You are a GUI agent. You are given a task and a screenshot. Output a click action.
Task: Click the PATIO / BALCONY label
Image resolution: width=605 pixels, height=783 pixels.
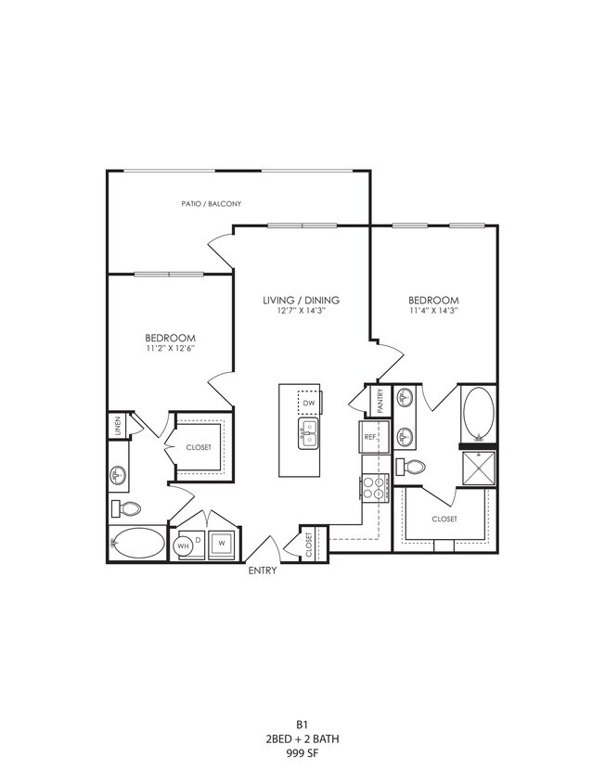pyautogui.click(x=212, y=203)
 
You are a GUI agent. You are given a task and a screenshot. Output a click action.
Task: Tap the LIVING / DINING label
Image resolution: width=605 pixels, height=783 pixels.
pyautogui.click(x=301, y=300)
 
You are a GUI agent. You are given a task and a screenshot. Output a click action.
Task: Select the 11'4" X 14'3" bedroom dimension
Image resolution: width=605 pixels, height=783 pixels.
pyautogui.click(x=433, y=312)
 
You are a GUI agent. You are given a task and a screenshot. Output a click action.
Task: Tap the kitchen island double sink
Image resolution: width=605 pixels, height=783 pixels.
pyautogui.click(x=309, y=432)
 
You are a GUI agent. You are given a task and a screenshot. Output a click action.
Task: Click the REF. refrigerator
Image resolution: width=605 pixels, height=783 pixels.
pyautogui.click(x=370, y=437)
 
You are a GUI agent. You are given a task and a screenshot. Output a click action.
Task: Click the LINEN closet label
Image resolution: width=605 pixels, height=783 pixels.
pyautogui.click(x=117, y=426)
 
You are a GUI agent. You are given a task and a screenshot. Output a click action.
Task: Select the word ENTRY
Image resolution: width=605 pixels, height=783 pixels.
pyautogui.click(x=262, y=571)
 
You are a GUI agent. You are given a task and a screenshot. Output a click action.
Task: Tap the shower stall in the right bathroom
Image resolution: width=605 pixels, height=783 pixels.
pyautogui.click(x=479, y=469)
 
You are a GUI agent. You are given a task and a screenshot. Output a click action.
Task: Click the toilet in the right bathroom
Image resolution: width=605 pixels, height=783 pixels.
pyautogui.click(x=410, y=467)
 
